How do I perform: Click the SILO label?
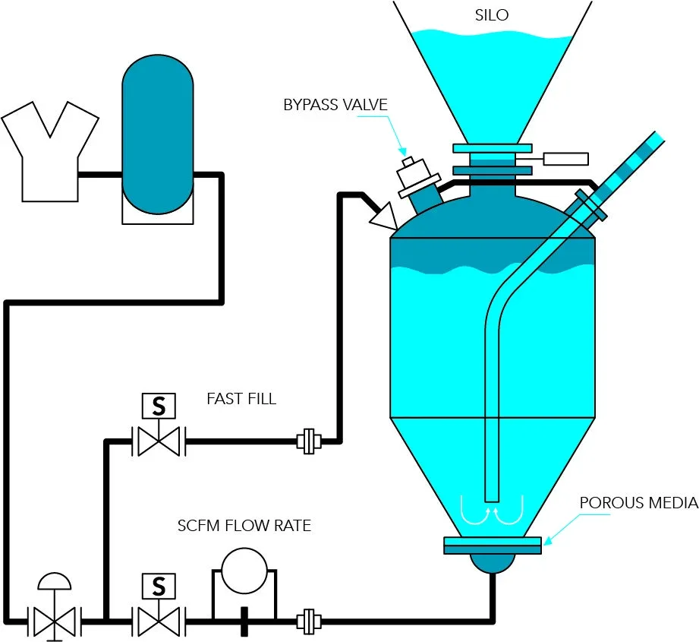coord(492,15)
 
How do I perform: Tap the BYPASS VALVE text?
coord(335,105)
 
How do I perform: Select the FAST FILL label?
coord(241,398)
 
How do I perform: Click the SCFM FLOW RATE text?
coord(244,526)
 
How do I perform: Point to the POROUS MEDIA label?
coord(639,503)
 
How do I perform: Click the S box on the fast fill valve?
coord(159,406)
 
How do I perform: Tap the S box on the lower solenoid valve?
coord(159,586)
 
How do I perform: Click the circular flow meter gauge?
coord(244,571)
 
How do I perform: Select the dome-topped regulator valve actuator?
coord(55,581)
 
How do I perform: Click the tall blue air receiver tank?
coord(158,134)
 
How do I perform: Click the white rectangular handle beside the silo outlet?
coord(565,159)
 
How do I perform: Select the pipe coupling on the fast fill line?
coord(309,441)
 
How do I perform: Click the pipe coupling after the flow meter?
coord(309,621)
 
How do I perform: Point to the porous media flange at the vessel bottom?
coord(493,546)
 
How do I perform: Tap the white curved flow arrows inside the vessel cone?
coord(492,511)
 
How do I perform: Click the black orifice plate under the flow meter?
coord(244,621)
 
